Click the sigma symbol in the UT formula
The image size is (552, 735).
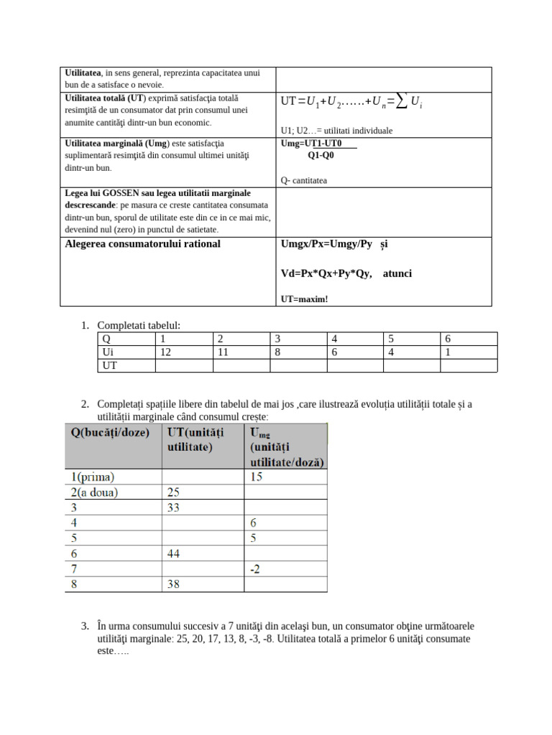pyautogui.click(x=401, y=102)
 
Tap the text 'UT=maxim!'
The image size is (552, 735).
pyautogui.click(x=304, y=299)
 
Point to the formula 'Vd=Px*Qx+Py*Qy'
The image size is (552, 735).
pyautogui.click(x=326, y=273)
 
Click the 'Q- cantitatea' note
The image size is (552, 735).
pyautogui.click(x=304, y=180)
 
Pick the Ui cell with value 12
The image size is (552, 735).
pyautogui.click(x=165, y=352)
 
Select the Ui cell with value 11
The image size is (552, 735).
pyautogui.click(x=223, y=352)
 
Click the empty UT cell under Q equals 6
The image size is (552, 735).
pyautogui.click(x=468, y=365)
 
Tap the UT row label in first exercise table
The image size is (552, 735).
pyautogui.click(x=110, y=365)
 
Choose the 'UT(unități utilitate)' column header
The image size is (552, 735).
pyautogui.click(x=195, y=439)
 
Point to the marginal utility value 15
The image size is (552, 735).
pyautogui.click(x=257, y=477)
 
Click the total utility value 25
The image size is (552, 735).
pyautogui.click(x=174, y=492)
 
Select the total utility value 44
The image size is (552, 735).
pyautogui.click(x=174, y=553)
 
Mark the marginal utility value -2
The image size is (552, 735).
pyautogui.click(x=256, y=569)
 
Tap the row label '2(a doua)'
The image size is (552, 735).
pyautogui.click(x=93, y=492)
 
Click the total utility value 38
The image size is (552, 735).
pyautogui.click(x=174, y=584)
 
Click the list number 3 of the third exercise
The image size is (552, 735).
pyautogui.click(x=85, y=626)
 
